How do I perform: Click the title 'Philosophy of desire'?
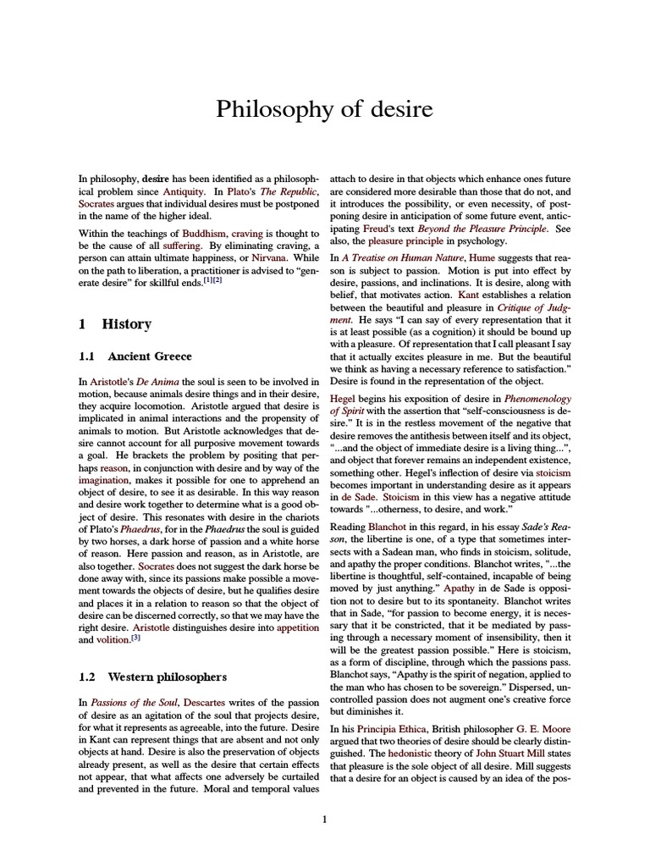[324, 109]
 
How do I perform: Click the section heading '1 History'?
[114, 324]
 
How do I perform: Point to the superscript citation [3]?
[135, 638]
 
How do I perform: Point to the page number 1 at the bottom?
[324, 819]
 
